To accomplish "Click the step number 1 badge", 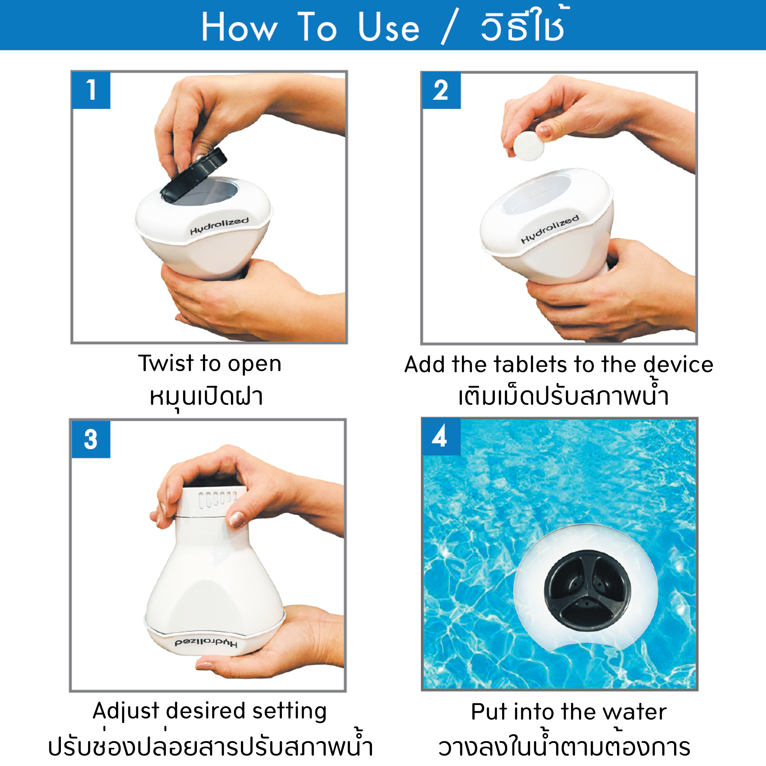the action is point(91,90).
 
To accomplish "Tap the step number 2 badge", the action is point(441,90).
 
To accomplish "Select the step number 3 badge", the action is point(91,439).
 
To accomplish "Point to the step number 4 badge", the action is point(441,437).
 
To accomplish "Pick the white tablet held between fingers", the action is point(529,146).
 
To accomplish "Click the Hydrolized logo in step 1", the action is point(219,226).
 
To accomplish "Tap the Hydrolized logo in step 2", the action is point(550,229).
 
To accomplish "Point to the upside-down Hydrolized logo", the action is point(206,643).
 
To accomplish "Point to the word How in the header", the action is point(239,27).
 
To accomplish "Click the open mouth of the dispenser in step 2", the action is point(537,194).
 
